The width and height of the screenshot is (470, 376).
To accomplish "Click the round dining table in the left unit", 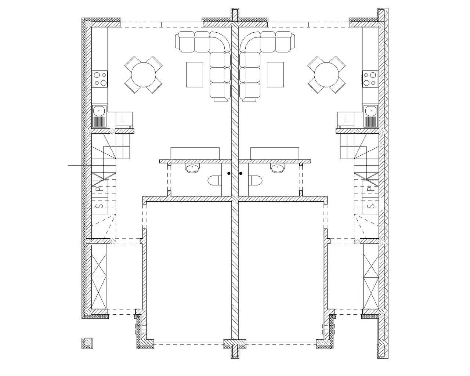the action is click(x=144, y=75).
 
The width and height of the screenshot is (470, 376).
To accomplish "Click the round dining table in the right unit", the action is click(x=326, y=75).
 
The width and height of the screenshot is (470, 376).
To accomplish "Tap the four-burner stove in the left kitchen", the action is click(x=100, y=79).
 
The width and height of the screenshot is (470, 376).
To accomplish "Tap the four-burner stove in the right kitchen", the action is click(x=370, y=79).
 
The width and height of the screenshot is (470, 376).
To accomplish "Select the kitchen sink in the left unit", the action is click(x=99, y=116).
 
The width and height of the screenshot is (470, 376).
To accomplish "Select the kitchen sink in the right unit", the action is click(x=371, y=116).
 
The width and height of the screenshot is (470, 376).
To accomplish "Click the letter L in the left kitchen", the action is click(x=123, y=119).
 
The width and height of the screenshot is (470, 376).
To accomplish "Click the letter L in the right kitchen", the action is click(x=346, y=119).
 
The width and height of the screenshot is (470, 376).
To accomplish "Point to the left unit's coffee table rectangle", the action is click(x=194, y=75).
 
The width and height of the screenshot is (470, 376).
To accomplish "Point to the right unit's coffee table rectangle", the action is click(x=275, y=75).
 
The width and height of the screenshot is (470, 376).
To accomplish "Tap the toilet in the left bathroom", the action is click(x=214, y=181).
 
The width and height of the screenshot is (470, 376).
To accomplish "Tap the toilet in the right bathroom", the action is click(x=255, y=181).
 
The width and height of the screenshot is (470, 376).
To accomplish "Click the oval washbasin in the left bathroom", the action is click(x=192, y=168).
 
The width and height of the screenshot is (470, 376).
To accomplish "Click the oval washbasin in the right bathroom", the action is click(x=277, y=168).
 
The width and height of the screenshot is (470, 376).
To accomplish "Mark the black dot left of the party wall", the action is click(x=229, y=173).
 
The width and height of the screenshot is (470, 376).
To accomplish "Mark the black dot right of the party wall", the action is click(x=241, y=173).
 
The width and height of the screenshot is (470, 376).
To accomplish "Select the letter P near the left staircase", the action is click(x=100, y=188).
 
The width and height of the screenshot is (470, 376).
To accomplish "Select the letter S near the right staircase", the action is click(x=371, y=206).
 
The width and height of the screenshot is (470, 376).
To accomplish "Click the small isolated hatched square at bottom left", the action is click(x=87, y=343).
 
